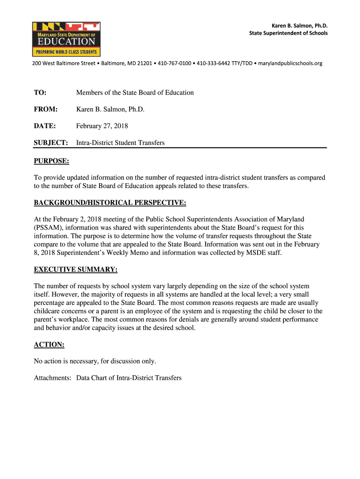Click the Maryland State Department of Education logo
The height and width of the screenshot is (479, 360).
66,39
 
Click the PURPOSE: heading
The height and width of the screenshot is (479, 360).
51,161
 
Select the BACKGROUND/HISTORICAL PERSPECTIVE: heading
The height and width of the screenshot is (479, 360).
110,203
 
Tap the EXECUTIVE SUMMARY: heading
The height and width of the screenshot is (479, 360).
76,270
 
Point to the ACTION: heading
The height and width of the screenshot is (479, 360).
49,345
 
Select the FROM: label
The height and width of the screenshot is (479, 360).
46,109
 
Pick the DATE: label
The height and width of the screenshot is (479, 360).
45,126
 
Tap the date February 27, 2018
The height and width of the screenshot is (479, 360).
102,126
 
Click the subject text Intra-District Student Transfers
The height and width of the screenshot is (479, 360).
121,143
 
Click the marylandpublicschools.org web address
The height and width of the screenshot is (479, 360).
290,63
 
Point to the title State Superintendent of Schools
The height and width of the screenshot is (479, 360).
288,33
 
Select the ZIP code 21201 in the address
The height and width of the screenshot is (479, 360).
144,63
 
